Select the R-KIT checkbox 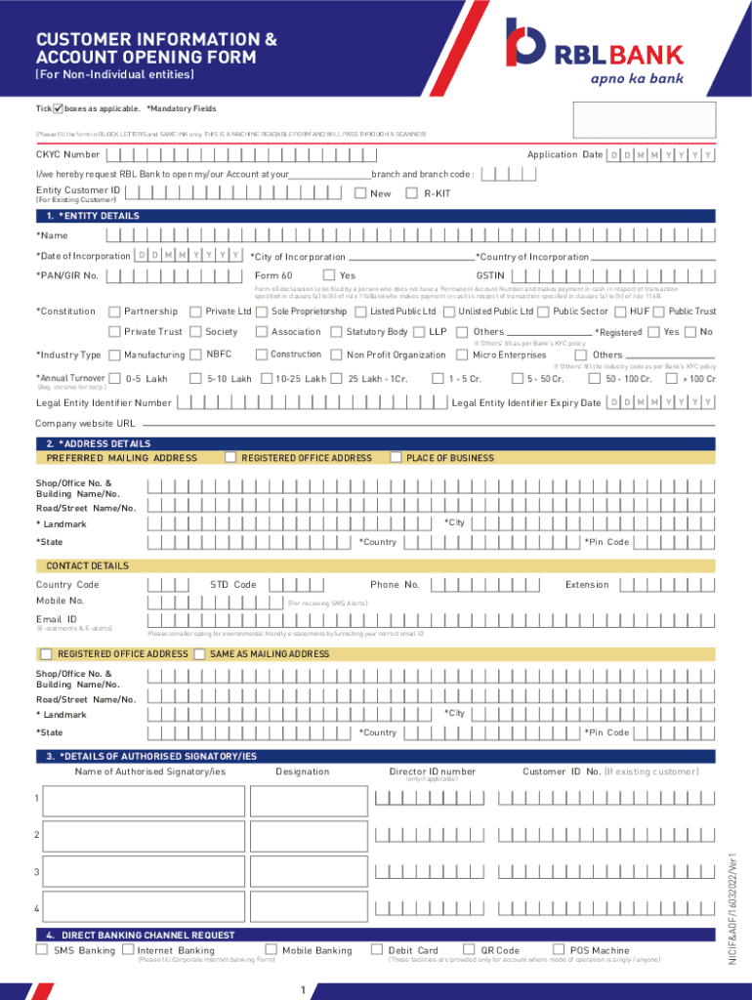pyautogui.click(x=411, y=193)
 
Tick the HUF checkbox pyautogui.click(x=620, y=312)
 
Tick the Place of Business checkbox pyautogui.click(x=396, y=457)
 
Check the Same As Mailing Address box pyautogui.click(x=200, y=653)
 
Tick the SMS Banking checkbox pyautogui.click(x=42, y=949)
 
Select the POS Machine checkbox pyautogui.click(x=559, y=949)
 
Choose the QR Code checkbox pyautogui.click(x=470, y=949)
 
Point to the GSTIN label pyautogui.click(x=489, y=275)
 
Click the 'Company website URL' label pyautogui.click(x=86, y=424)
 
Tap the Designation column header pyautogui.click(x=302, y=771)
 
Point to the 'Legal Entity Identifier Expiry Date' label pyautogui.click(x=525, y=403)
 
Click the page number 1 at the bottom pyautogui.click(x=305, y=991)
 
